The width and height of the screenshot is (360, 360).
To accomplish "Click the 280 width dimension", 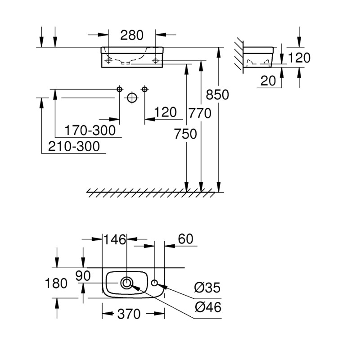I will (x=132, y=35).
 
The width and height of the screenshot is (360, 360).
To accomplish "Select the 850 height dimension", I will (x=217, y=95).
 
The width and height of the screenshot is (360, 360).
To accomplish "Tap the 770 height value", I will (x=200, y=114).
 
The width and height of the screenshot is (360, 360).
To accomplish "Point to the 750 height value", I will (x=185, y=134).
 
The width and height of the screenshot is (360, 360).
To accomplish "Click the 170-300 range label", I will (x=90, y=130).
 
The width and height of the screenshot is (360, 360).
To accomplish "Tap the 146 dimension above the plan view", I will (x=115, y=239).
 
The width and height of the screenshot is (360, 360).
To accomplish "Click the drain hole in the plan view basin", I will (x=127, y=283).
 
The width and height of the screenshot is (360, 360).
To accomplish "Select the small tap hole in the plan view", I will (x=154, y=283).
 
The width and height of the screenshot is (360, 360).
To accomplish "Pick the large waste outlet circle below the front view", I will (x=131, y=97).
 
